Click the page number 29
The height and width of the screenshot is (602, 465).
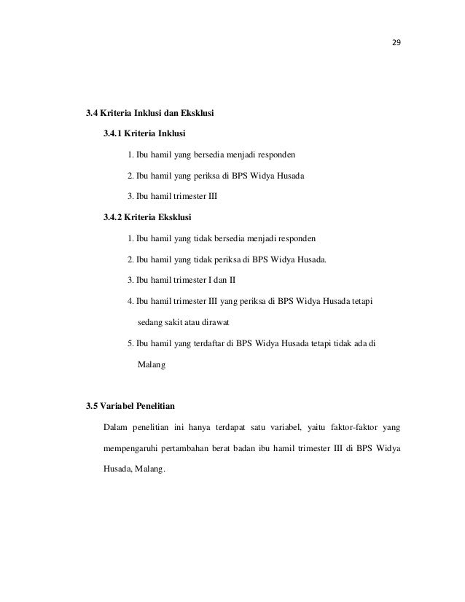[396, 42]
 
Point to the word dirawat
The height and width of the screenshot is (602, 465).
[223, 321]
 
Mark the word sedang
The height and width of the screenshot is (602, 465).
[149, 321]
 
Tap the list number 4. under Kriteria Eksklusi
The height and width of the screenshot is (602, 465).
[130, 300]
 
